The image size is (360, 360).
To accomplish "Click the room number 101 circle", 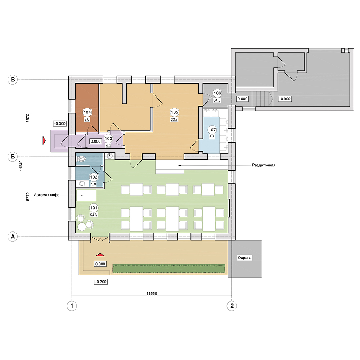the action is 94,208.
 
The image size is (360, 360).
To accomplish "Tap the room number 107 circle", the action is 212,130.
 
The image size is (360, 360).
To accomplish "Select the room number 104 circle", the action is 87,112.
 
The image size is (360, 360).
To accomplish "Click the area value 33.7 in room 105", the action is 174,120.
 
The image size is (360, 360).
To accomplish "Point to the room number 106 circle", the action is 217,93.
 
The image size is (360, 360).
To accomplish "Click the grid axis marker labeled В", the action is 13,80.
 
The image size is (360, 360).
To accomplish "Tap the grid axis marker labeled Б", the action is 13,157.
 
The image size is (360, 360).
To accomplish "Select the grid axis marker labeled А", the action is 13,237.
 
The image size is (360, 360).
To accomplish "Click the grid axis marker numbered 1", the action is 72,306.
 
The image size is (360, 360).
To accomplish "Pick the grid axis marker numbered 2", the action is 231,306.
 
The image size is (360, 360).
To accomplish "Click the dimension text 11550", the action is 152,294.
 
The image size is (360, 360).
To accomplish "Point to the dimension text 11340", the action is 21,165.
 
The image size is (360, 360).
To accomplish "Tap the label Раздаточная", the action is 264,165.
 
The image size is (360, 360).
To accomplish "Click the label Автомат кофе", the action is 46,195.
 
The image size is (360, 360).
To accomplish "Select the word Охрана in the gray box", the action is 244,258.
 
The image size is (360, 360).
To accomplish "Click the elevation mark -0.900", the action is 285,99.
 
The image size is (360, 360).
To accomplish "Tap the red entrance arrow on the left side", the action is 44,140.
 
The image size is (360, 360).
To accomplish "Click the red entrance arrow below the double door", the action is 100,255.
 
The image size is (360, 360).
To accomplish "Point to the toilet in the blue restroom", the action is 81,159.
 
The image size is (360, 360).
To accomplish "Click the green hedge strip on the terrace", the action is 169,269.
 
